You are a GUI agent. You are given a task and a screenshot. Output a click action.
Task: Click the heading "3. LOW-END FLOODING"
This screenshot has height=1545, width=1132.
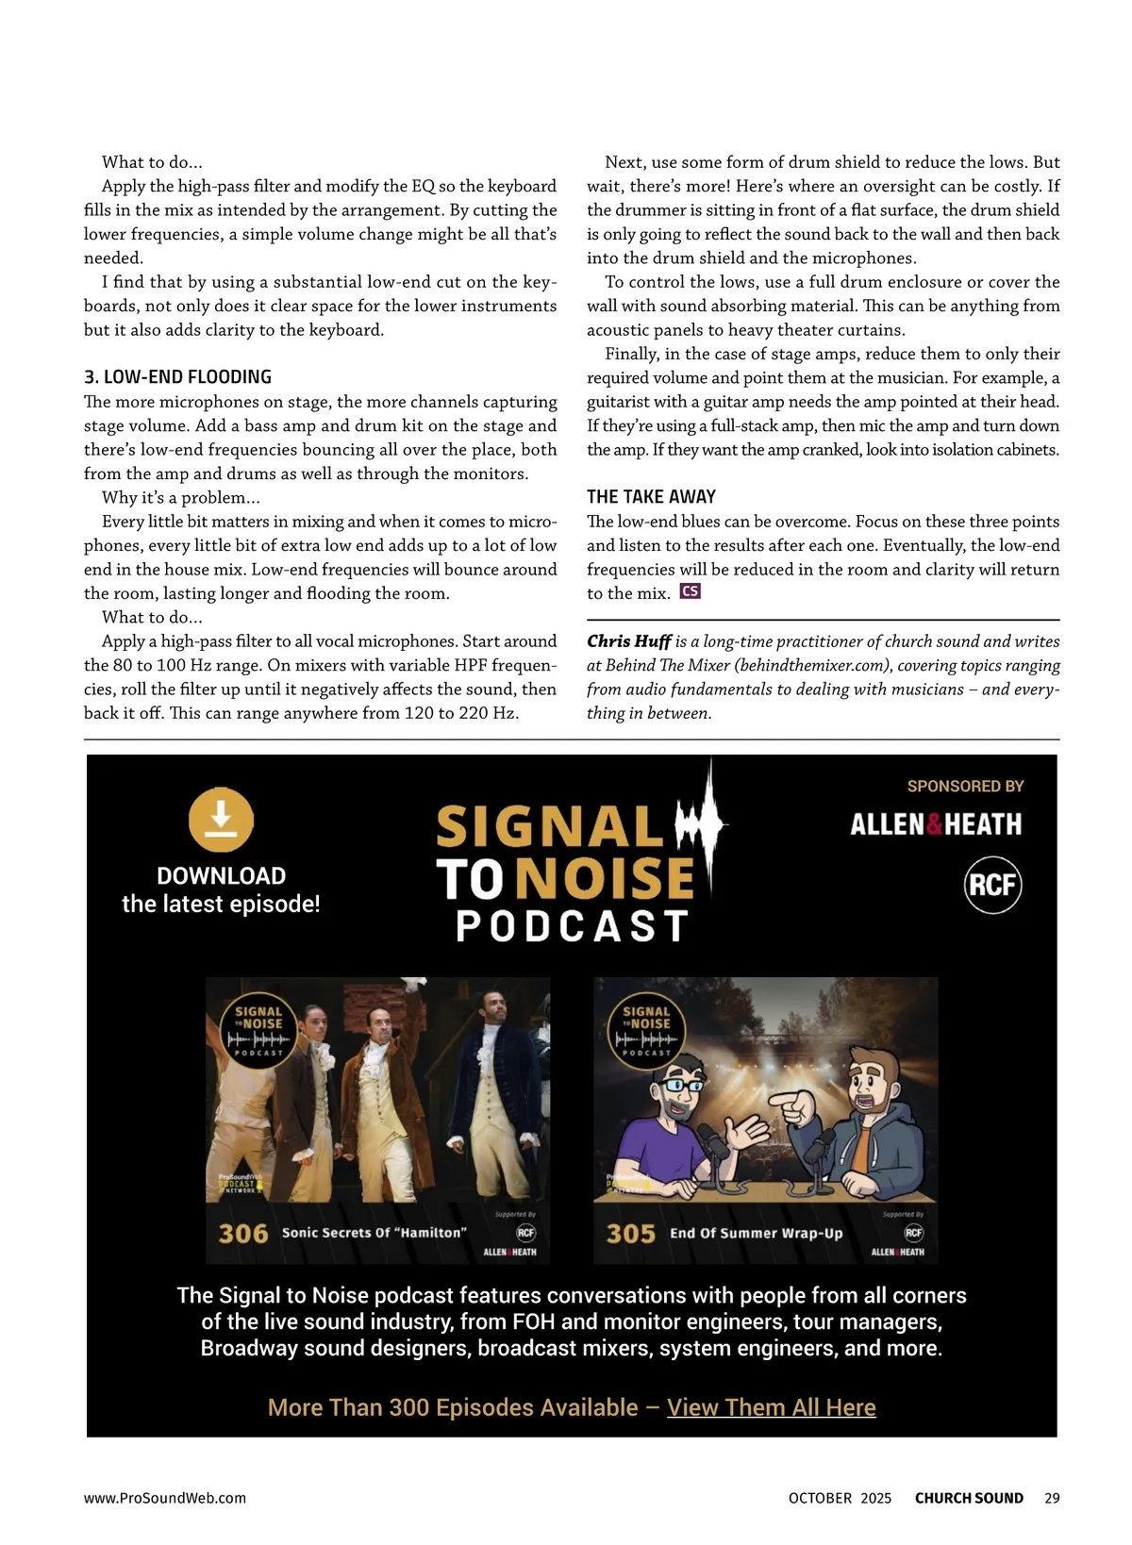click(177, 377)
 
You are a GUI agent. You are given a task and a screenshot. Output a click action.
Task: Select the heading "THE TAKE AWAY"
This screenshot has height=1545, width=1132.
click(651, 497)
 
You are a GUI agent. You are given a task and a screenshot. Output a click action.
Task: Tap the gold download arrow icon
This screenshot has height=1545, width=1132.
click(221, 819)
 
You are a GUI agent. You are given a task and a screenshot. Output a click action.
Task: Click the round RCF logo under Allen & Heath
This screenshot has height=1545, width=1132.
click(992, 885)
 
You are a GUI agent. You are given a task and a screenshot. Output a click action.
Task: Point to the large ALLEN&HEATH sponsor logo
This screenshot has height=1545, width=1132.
click(936, 824)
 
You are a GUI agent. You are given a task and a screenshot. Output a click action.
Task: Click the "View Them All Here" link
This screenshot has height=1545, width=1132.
click(771, 1407)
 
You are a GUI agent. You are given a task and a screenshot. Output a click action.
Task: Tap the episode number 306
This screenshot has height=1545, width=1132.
click(243, 1234)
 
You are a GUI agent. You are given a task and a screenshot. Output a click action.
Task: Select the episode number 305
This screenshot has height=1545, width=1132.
click(630, 1234)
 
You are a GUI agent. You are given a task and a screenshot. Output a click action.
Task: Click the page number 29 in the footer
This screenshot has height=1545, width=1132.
click(1052, 1498)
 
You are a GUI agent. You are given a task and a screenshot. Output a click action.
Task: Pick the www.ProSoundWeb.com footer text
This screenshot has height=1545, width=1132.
click(165, 1498)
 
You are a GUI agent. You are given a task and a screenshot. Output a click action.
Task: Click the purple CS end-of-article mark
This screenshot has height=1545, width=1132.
click(691, 592)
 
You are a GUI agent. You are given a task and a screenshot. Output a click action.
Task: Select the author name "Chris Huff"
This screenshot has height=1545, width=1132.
click(628, 641)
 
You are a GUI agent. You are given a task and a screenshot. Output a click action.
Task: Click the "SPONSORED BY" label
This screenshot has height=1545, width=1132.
click(965, 786)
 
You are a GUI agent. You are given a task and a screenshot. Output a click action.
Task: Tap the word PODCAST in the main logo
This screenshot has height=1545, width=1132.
click(572, 926)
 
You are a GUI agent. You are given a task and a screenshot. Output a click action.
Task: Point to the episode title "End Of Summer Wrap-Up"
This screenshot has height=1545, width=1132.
click(756, 1233)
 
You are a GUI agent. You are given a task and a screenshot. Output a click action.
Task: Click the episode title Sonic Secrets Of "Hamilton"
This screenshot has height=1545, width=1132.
click(375, 1233)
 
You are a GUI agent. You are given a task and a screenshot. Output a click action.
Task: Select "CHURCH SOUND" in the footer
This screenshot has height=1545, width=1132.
click(969, 1498)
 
